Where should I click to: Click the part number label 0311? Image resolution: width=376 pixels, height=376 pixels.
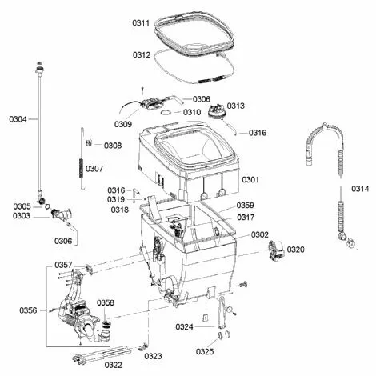(141, 22)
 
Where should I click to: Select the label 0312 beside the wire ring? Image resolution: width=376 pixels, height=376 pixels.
(142, 55)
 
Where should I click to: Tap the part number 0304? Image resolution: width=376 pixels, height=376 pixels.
(18, 119)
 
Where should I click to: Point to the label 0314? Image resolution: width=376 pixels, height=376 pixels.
(360, 189)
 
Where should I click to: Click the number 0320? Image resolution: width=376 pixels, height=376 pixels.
(296, 250)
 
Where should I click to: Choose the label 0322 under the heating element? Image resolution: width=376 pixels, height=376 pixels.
(114, 365)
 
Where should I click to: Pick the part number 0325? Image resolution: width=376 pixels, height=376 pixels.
(205, 352)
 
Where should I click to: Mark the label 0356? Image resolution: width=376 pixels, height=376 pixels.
(28, 310)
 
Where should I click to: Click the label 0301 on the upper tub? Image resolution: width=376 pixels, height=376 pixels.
(250, 180)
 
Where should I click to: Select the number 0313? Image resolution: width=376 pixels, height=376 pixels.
(236, 106)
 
